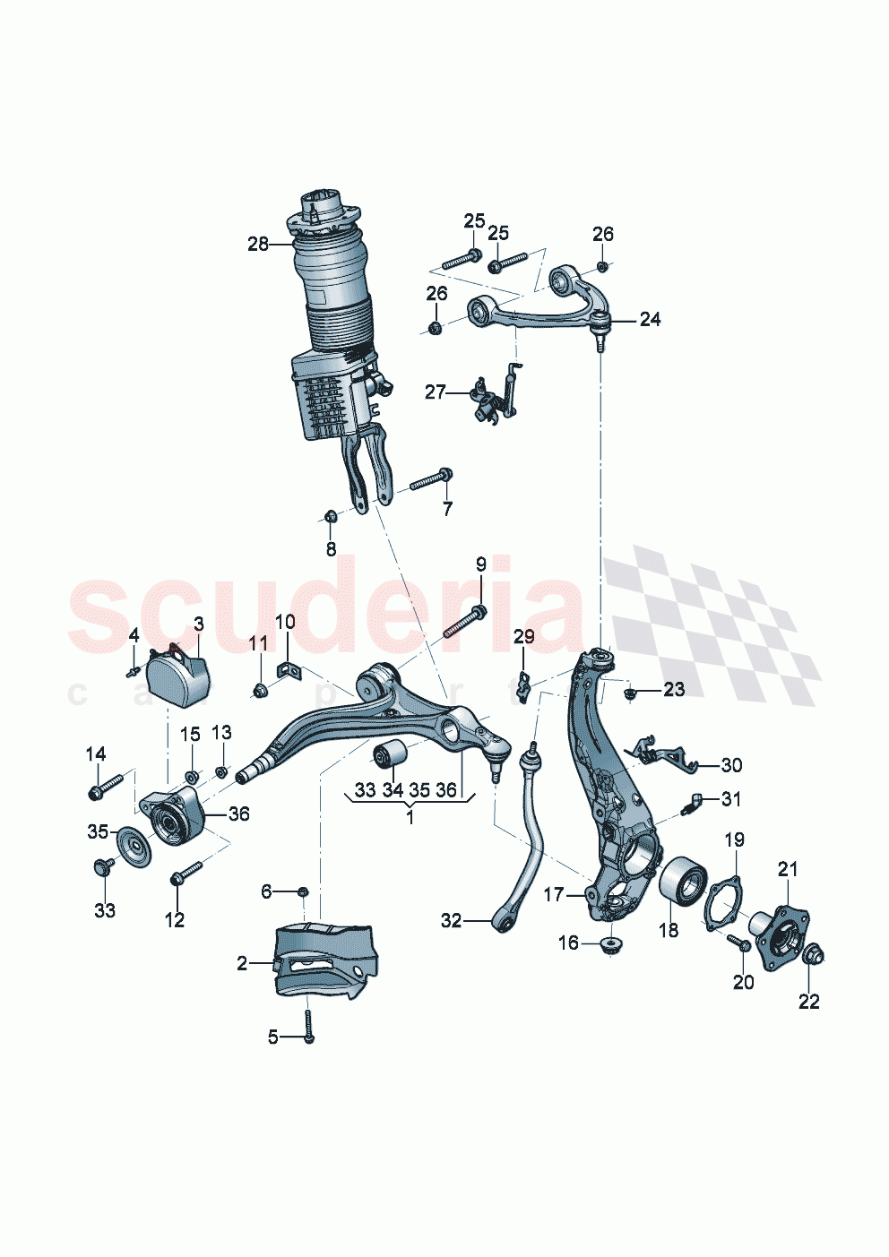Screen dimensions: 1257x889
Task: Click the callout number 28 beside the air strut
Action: click(x=257, y=244)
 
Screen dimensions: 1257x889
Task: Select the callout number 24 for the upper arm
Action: click(x=650, y=319)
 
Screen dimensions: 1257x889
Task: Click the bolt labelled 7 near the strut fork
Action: click(x=432, y=479)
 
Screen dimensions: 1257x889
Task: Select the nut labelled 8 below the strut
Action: click(x=330, y=516)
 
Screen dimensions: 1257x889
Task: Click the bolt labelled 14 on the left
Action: click(x=105, y=787)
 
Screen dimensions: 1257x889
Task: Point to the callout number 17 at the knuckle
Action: click(x=553, y=894)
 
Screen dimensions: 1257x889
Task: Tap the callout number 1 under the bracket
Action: click(x=410, y=817)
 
